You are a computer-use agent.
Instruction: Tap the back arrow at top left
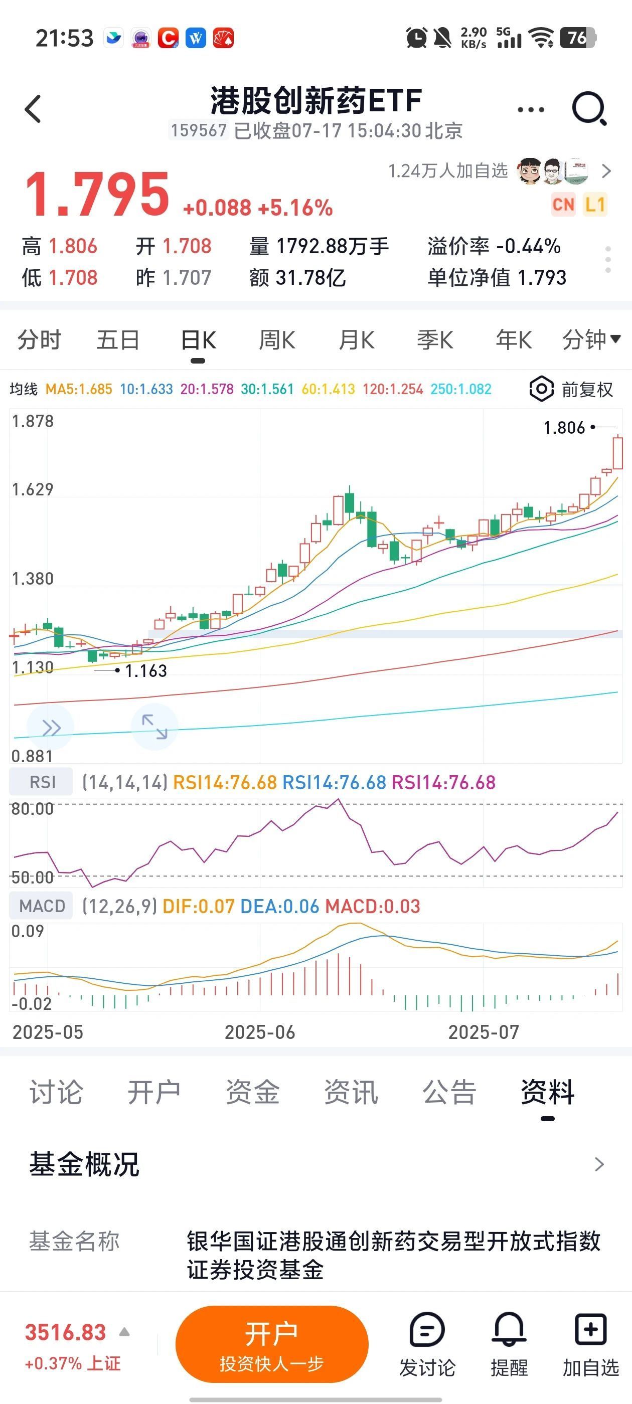(x=33, y=109)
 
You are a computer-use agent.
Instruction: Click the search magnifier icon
(x=589, y=108)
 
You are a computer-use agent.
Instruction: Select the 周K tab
(x=276, y=340)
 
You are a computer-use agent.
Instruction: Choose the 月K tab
(x=356, y=340)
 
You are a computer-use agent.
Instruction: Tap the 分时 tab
(x=39, y=340)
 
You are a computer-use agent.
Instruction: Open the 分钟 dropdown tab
(x=590, y=339)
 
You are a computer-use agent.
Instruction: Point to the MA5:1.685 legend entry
(x=79, y=389)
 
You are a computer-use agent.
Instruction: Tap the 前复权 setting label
(x=587, y=390)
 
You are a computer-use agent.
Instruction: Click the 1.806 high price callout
(x=564, y=428)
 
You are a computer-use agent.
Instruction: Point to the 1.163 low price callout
(x=145, y=671)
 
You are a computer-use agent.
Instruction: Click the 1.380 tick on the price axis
(x=33, y=579)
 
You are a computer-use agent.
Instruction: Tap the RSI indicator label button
(x=42, y=782)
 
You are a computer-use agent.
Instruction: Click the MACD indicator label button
(x=42, y=906)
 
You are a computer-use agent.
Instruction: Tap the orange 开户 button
(x=271, y=1343)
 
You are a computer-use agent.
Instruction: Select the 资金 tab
(x=252, y=1092)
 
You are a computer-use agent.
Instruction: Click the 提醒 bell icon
(x=509, y=1330)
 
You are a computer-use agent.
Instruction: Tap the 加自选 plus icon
(x=590, y=1330)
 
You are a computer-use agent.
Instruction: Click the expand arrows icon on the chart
(x=154, y=727)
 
